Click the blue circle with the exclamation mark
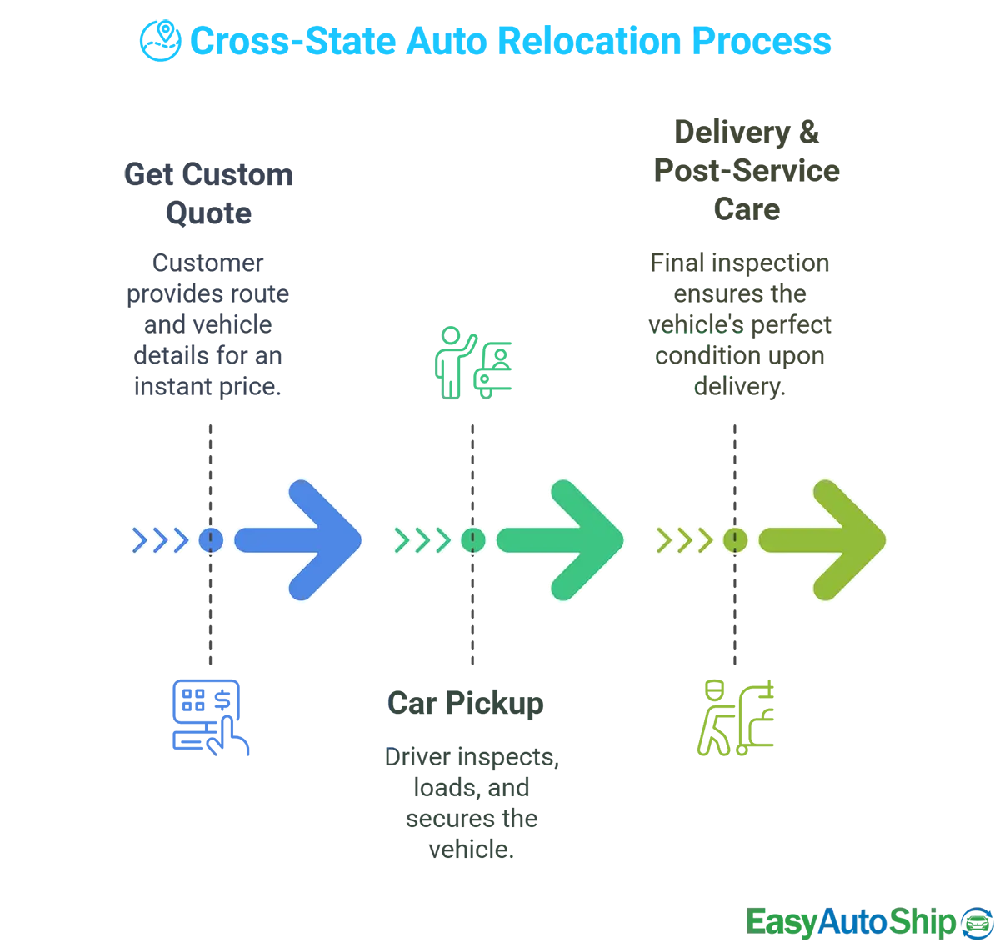pos(211,540)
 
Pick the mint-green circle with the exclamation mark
pos(473,540)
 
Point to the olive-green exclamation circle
pos(735,540)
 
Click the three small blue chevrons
pos(160,540)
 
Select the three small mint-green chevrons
pos(422,540)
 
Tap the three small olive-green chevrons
pos(684,540)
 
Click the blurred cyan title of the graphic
pos(483,42)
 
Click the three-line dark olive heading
pos(746,167)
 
